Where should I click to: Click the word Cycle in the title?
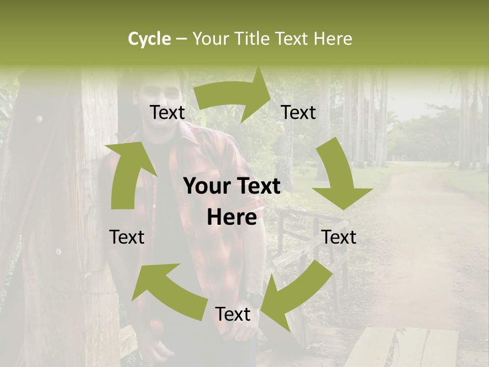tap(149, 39)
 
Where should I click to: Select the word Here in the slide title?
tap(333, 39)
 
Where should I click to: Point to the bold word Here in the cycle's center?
tap(232, 218)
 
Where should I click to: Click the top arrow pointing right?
tap(234, 97)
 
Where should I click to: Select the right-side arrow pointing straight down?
tap(340, 178)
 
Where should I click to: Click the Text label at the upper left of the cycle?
tap(167, 113)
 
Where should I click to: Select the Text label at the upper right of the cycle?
tap(298, 113)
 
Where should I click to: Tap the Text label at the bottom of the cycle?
tap(232, 314)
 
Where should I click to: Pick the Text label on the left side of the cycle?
tap(127, 237)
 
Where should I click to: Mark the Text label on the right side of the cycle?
tap(339, 237)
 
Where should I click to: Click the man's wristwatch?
tap(253, 296)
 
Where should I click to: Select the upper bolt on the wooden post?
tap(39, 119)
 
